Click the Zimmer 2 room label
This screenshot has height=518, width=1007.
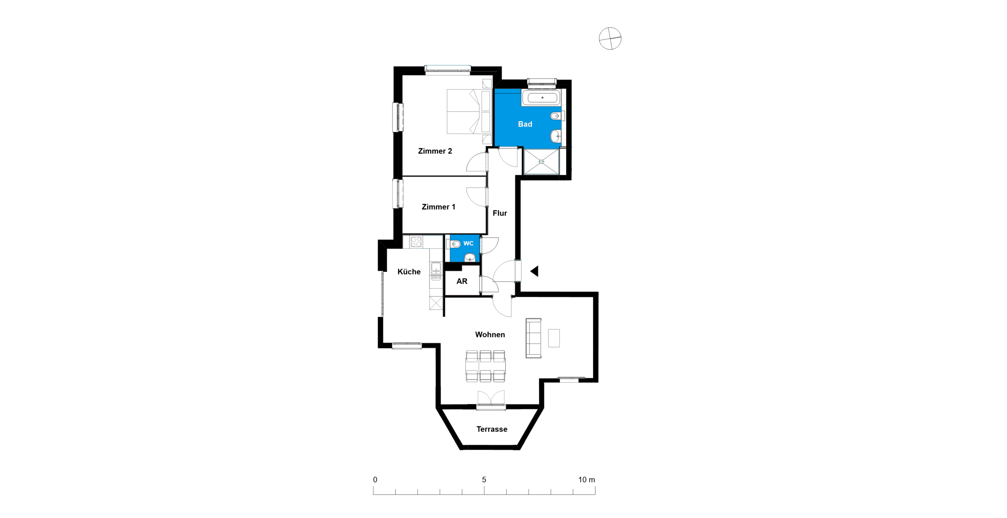pyautogui.click(x=435, y=151)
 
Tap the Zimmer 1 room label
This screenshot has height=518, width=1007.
pyautogui.click(x=438, y=207)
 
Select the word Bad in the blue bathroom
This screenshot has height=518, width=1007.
pyautogui.click(x=525, y=124)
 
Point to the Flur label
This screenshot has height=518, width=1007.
pyautogui.click(x=500, y=213)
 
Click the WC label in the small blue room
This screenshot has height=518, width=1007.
pyautogui.click(x=468, y=243)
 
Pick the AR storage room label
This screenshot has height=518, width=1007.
pyautogui.click(x=462, y=281)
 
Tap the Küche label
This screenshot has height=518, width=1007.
pyautogui.click(x=409, y=272)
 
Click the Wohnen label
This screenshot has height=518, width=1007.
pyautogui.click(x=490, y=334)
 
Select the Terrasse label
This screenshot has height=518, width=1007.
pyautogui.click(x=492, y=429)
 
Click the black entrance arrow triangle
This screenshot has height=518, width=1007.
pyautogui.click(x=535, y=271)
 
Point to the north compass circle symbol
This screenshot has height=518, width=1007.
pyautogui.click(x=610, y=39)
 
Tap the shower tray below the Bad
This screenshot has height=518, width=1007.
pyautogui.click(x=541, y=162)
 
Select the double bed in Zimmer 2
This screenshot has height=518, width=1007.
pyautogui.click(x=469, y=112)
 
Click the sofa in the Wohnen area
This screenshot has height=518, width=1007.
pyautogui.click(x=533, y=338)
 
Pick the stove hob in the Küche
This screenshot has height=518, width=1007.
pyautogui.click(x=416, y=242)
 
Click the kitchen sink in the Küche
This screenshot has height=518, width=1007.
pyautogui.click(x=436, y=271)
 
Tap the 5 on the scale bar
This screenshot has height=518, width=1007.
pyautogui.click(x=484, y=479)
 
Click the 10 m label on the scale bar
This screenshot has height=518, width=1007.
pyautogui.click(x=586, y=479)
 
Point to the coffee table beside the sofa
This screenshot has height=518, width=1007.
pyautogui.click(x=554, y=338)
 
